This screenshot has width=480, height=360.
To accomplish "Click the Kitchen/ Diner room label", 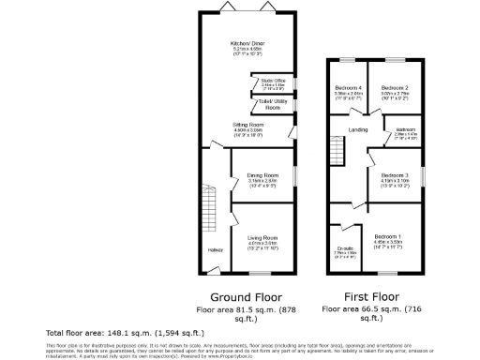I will click(249, 44).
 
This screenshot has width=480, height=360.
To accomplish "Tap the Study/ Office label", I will click(274, 82).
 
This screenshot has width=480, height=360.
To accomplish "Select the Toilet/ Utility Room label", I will click(272, 106).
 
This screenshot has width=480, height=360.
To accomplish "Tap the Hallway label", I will click(216, 248).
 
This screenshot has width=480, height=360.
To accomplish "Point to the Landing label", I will click(356, 129).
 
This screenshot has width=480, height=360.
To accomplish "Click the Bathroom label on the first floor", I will click(404, 130).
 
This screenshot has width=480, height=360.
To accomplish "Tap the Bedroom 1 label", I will click(387, 235).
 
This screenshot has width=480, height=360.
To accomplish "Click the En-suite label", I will click(343, 248).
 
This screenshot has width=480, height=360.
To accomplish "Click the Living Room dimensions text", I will click(262, 248).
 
